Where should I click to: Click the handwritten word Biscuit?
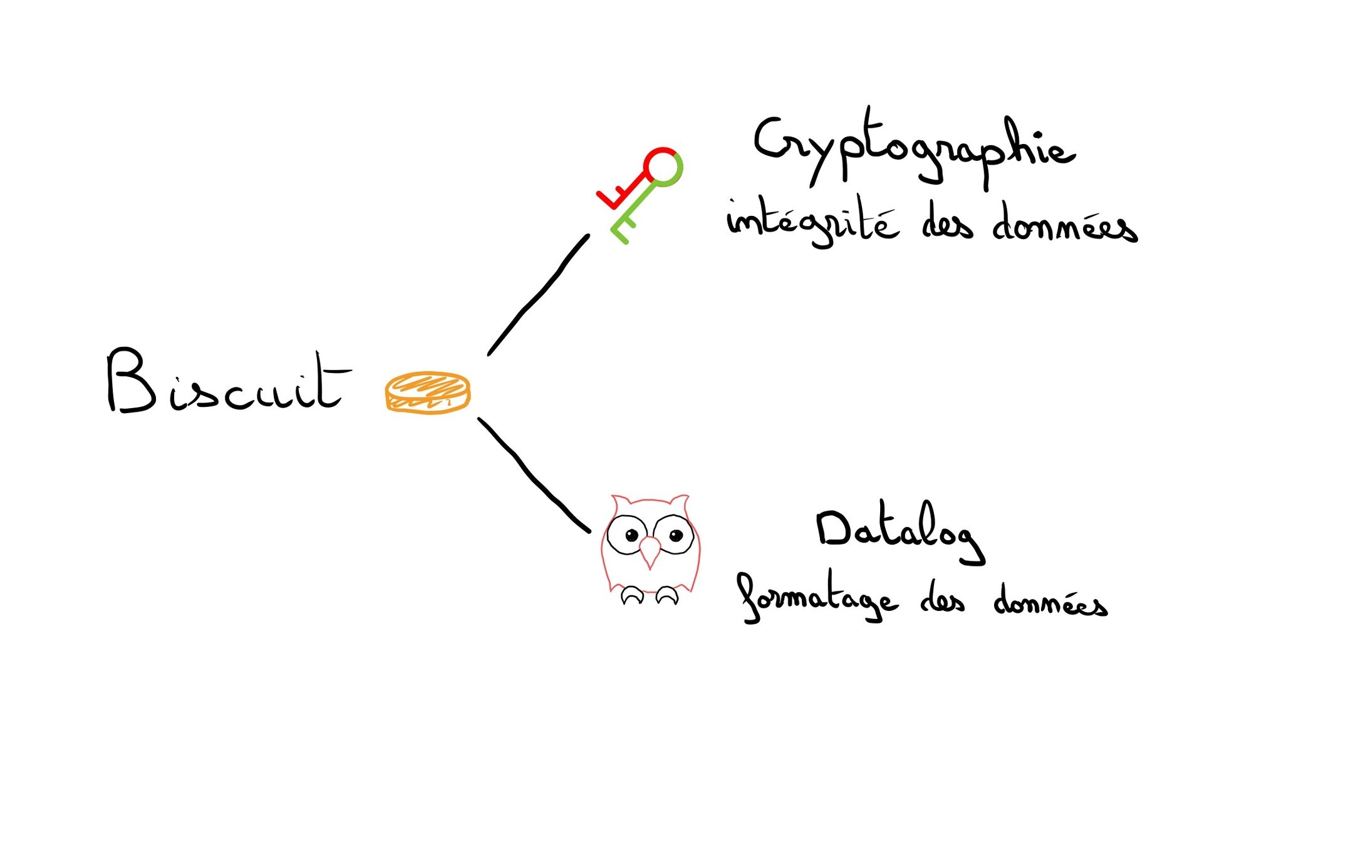click(x=225, y=382)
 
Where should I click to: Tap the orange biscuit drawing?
click(x=427, y=392)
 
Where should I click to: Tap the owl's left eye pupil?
click(x=631, y=535)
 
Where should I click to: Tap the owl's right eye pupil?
click(x=675, y=535)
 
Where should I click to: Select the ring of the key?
click(x=663, y=166)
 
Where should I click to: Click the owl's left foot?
click(x=632, y=595)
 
